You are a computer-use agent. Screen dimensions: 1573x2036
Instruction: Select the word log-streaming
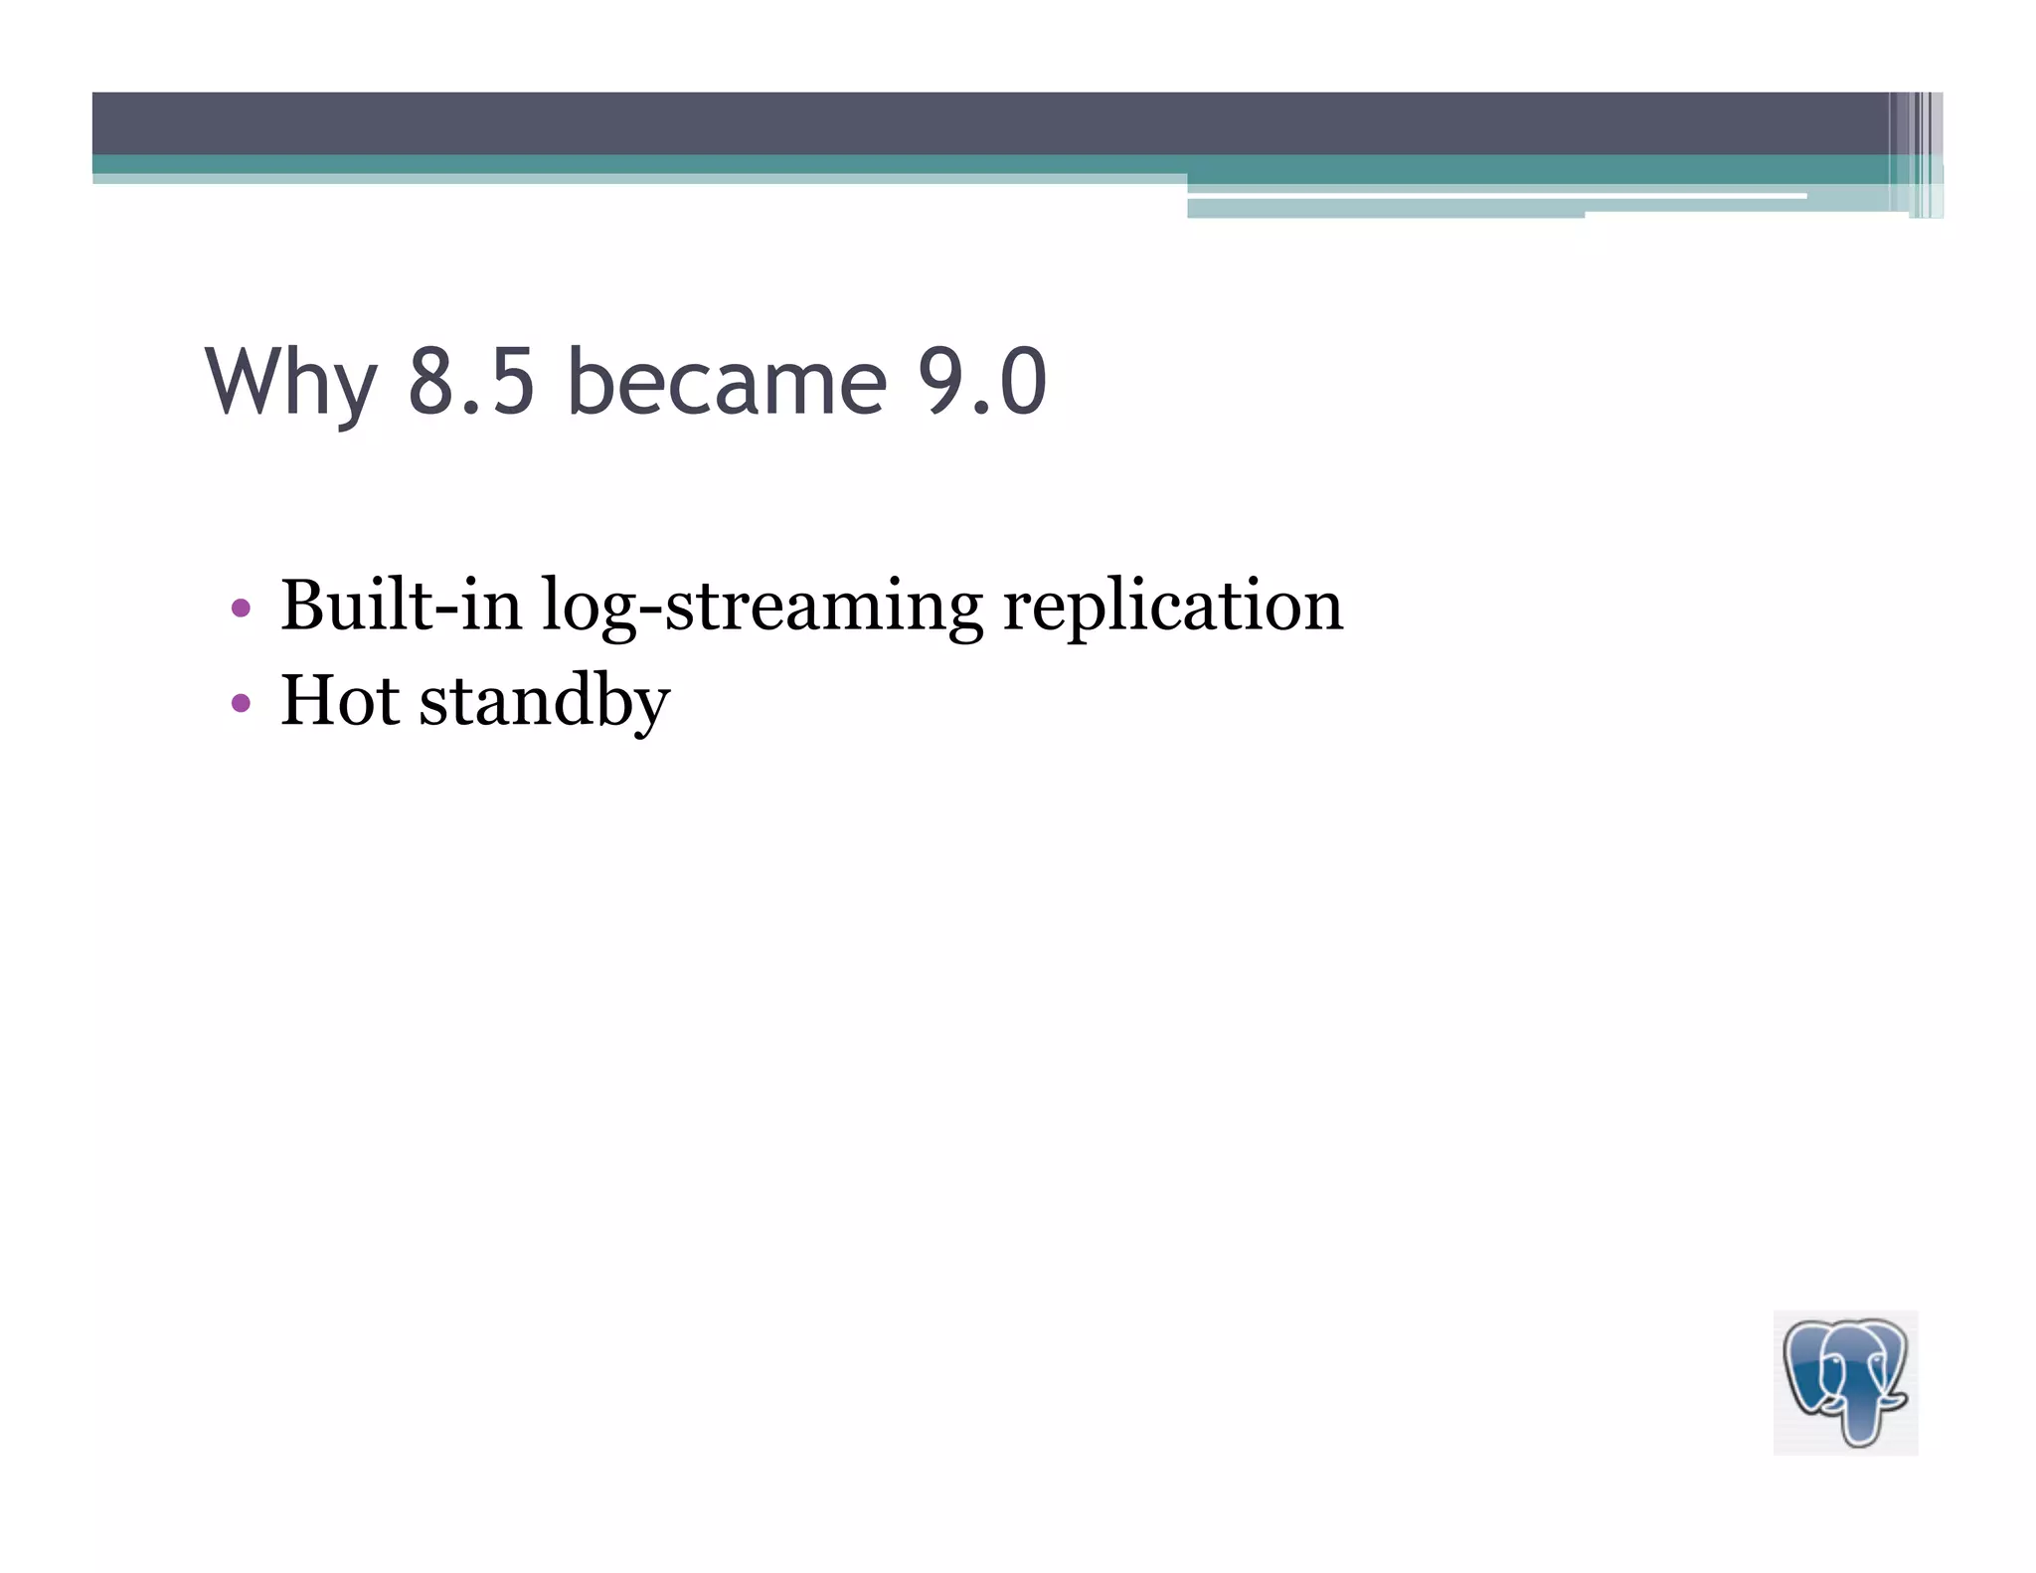pos(762,607)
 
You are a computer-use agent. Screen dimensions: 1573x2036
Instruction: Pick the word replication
pos(1172,607)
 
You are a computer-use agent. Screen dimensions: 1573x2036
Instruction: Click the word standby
pos(544,702)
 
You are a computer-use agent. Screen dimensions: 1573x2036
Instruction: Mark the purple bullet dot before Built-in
pos(240,607)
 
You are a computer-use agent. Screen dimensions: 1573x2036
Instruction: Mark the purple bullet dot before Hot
pos(240,703)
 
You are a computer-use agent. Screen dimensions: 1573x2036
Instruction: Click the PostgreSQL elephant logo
pos(1845,1382)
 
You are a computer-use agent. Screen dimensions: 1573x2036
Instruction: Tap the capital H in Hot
pos(311,700)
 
